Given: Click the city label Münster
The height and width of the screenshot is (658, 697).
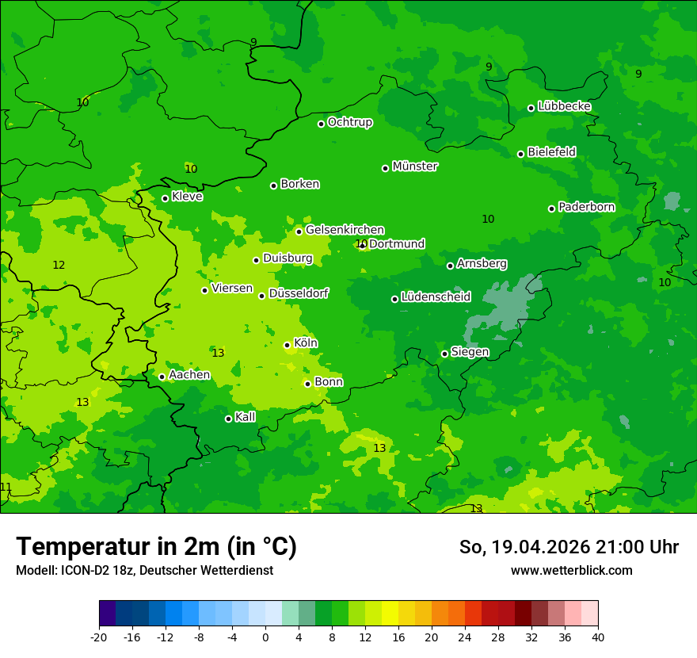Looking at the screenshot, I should coord(415,166).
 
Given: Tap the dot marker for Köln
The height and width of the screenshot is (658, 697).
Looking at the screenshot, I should coord(288,345).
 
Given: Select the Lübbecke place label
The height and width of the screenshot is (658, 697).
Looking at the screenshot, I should coord(564,106).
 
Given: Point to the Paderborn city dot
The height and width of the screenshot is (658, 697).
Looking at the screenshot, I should coord(552,208).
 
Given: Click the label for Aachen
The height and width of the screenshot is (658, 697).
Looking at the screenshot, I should coord(189,375).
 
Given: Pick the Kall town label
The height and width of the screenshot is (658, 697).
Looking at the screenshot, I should coord(245,417).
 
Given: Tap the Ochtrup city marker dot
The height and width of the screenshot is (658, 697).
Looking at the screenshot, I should coord(322,124).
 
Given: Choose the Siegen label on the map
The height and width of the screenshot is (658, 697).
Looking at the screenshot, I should coord(470,352).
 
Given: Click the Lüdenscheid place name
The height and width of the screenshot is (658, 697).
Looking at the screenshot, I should coord(436,297).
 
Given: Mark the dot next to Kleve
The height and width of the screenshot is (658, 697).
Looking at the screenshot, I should coord(166,199).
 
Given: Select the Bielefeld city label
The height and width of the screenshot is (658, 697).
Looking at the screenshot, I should coord(551,151).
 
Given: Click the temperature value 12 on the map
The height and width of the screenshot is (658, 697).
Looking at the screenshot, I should coord(59,265).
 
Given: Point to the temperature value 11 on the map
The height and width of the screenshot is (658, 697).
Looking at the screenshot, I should coord(6,487).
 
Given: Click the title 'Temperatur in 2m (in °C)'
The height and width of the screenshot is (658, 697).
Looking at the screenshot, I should coord(156,547).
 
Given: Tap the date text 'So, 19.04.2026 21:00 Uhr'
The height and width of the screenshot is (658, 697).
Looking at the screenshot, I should coord(569,547).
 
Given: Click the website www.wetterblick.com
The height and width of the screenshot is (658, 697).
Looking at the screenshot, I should coord(571,570).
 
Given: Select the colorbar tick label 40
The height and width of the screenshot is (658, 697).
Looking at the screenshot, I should coord(597,637).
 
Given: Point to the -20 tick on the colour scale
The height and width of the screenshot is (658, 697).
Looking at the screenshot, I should coord(99,637).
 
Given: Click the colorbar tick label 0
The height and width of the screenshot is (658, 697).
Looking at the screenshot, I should coord(265,637).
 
